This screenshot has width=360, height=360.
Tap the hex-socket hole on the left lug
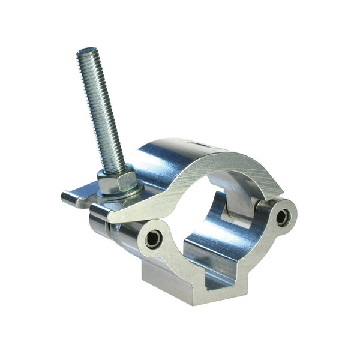pyautogui.click(x=154, y=238)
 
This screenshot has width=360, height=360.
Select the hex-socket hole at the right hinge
pyautogui.click(x=282, y=218)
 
